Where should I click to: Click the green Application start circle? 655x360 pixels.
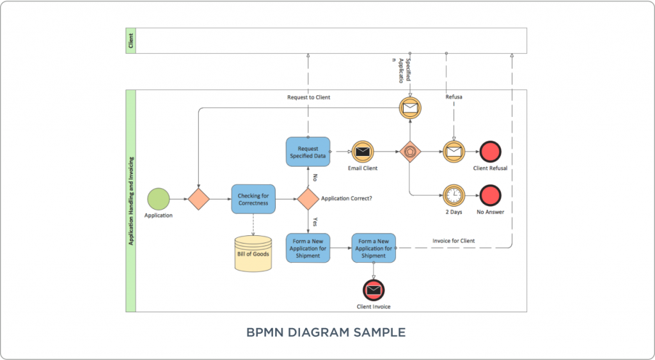tap(158, 199)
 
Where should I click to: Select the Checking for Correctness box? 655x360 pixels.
tap(253, 199)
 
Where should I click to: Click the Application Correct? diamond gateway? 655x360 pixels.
tap(308, 199)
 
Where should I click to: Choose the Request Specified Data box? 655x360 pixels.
tap(308, 152)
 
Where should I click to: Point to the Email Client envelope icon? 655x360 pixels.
tap(362, 152)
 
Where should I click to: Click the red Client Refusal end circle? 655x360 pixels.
tap(490, 152)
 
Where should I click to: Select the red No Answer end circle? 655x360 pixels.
tap(490, 195)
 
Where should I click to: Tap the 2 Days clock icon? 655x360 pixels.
tap(453, 195)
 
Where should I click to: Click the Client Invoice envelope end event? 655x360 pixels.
tap(374, 290)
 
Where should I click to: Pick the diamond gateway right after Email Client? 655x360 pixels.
tap(409, 152)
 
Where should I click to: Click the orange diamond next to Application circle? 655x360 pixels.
tap(199, 199)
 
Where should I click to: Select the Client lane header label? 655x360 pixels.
tap(130, 40)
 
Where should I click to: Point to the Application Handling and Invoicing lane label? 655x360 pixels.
tap(130, 201)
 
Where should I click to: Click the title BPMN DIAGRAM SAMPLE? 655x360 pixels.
tap(326, 333)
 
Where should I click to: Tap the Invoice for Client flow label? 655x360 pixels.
tap(454, 241)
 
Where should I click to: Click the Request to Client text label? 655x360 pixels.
tap(308, 97)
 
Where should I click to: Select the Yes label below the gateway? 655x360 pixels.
tap(315, 222)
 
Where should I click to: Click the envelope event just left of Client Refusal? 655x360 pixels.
tap(453, 152)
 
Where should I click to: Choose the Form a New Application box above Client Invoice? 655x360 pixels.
tap(374, 247)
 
